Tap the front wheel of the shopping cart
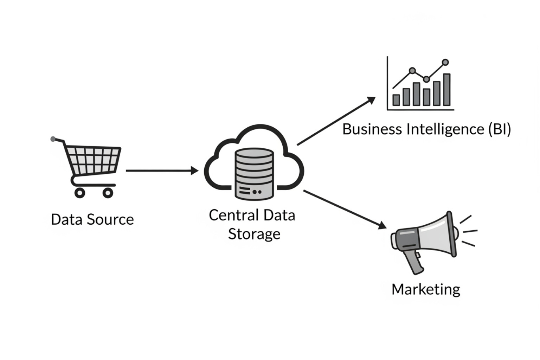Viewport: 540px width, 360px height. click(108, 193)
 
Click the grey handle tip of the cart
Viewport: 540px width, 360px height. click(53, 139)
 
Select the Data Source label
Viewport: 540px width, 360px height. click(92, 220)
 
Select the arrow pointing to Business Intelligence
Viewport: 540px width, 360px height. click(336, 121)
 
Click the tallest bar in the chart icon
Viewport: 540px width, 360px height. click(447, 90)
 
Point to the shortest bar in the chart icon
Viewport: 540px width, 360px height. click(396, 100)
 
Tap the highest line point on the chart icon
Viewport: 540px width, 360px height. click(445, 63)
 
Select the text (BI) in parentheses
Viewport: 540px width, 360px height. click(499, 129)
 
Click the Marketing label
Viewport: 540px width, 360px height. click(426, 290)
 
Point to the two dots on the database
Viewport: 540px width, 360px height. click(257, 192)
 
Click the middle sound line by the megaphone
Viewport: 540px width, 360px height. click(470, 231)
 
